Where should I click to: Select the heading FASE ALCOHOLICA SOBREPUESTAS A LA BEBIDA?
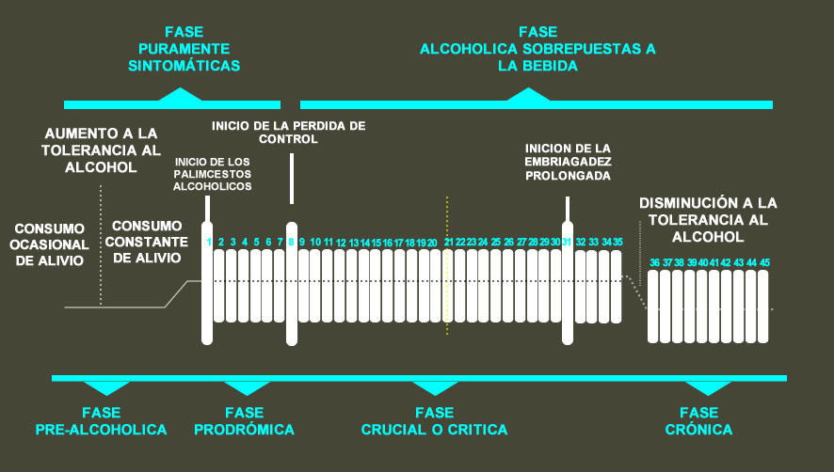(537, 47)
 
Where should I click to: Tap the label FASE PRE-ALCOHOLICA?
(101, 420)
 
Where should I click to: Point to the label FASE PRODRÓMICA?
(244, 420)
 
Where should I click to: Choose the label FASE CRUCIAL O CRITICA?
(434, 420)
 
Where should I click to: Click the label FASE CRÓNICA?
(698, 420)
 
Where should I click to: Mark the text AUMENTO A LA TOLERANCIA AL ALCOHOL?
(101, 150)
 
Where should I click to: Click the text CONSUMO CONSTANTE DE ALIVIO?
(146, 242)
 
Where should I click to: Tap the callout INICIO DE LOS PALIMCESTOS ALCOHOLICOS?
(213, 173)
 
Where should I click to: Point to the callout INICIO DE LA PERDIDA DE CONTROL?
(288, 132)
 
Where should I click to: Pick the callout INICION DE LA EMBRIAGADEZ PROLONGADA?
(569, 162)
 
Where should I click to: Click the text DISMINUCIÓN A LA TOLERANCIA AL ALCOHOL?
(707, 219)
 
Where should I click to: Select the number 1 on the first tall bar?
(209, 243)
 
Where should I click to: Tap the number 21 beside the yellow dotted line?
(449, 242)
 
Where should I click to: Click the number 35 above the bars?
(617, 242)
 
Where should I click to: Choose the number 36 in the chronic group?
(654, 262)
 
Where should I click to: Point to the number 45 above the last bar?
(764, 262)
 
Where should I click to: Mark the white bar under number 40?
(702, 306)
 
